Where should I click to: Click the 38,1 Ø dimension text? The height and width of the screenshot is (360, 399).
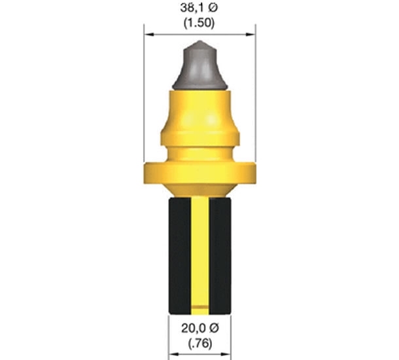[199, 8]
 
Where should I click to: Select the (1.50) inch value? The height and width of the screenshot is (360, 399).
[199, 23]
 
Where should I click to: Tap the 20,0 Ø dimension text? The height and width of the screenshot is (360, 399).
[200, 329]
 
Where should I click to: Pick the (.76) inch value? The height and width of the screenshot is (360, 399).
[200, 344]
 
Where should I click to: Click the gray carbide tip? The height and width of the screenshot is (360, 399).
[199, 66]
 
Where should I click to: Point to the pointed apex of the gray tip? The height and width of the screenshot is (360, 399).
[200, 41]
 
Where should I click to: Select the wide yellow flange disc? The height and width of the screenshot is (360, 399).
[199, 173]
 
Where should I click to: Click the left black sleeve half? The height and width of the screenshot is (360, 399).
[180, 255]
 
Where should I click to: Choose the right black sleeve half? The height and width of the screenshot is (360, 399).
[220, 255]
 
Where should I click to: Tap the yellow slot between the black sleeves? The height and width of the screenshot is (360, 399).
[200, 255]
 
